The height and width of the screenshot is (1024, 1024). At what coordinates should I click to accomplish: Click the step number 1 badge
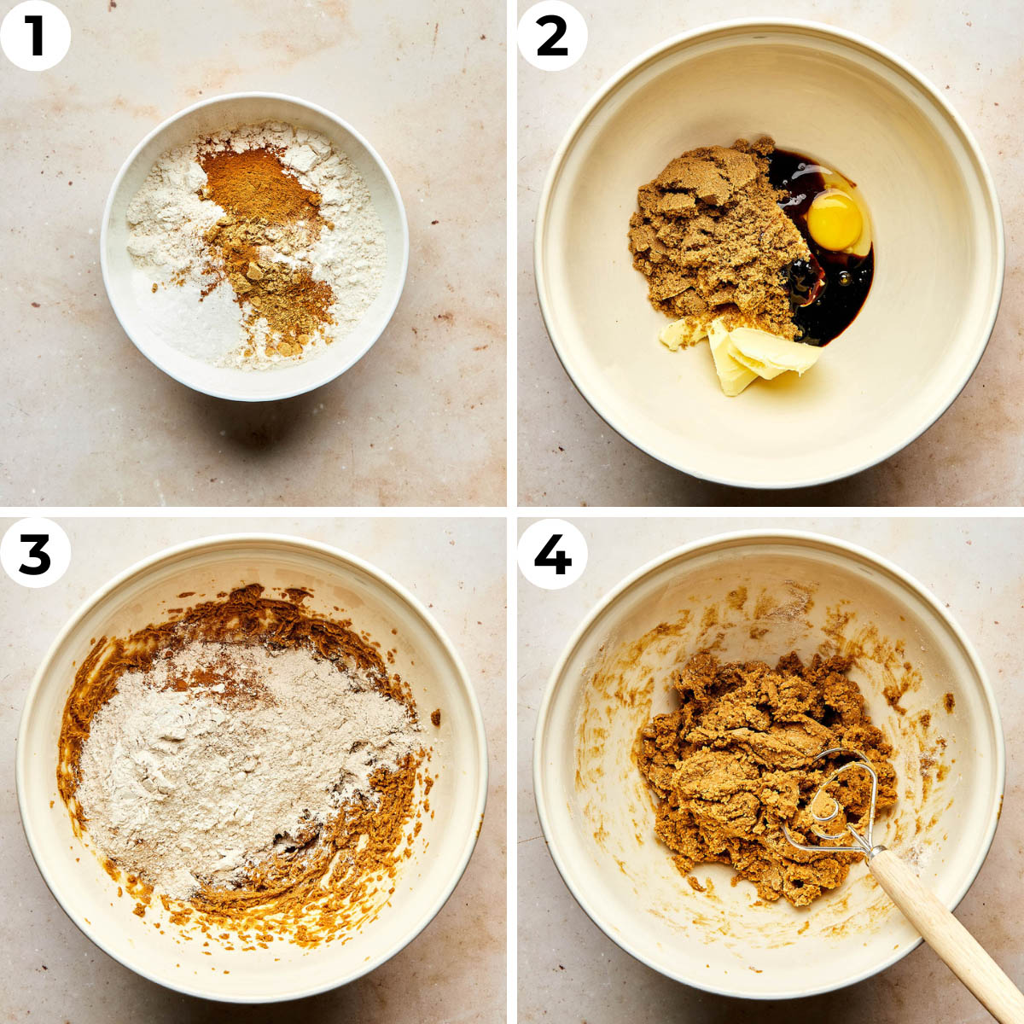[35, 36]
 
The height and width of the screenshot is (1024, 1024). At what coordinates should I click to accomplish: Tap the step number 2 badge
[552, 36]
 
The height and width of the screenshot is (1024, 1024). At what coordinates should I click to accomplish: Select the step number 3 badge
[35, 553]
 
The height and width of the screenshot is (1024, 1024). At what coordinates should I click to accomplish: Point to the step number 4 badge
[552, 553]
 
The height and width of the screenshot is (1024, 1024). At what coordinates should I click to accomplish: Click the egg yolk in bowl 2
[834, 221]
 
